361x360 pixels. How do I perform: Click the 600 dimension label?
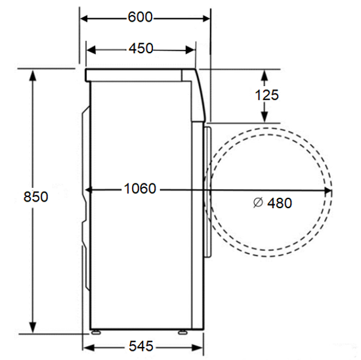[x=140, y=17]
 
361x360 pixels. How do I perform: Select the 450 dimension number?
[x=141, y=49]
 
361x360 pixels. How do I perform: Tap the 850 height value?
[x=36, y=197]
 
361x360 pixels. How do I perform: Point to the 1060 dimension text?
[x=140, y=189]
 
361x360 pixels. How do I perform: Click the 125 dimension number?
[x=267, y=95]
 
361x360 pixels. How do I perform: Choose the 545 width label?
[x=141, y=346]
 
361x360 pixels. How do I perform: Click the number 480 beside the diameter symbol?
[x=280, y=203]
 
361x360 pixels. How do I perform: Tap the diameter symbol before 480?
[x=258, y=202]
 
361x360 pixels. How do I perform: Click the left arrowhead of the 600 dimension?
[x=84, y=18]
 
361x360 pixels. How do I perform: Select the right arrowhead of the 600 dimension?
[x=206, y=18]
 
